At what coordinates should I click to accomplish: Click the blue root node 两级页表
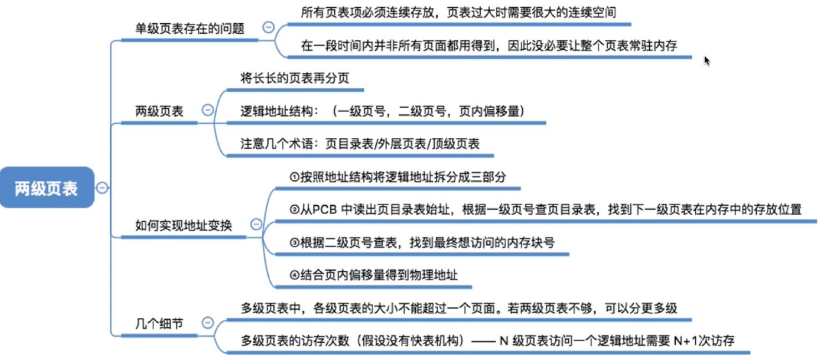point(47,188)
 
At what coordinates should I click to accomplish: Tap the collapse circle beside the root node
point(102,188)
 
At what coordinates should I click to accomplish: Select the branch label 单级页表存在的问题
point(190,29)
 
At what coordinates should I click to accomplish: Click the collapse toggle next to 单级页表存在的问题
point(268,27)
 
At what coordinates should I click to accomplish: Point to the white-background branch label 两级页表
point(159,111)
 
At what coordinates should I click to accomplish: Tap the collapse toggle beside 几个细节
point(207,322)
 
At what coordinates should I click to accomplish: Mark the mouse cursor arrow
point(707,60)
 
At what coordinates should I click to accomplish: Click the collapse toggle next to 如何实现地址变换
point(256,224)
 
